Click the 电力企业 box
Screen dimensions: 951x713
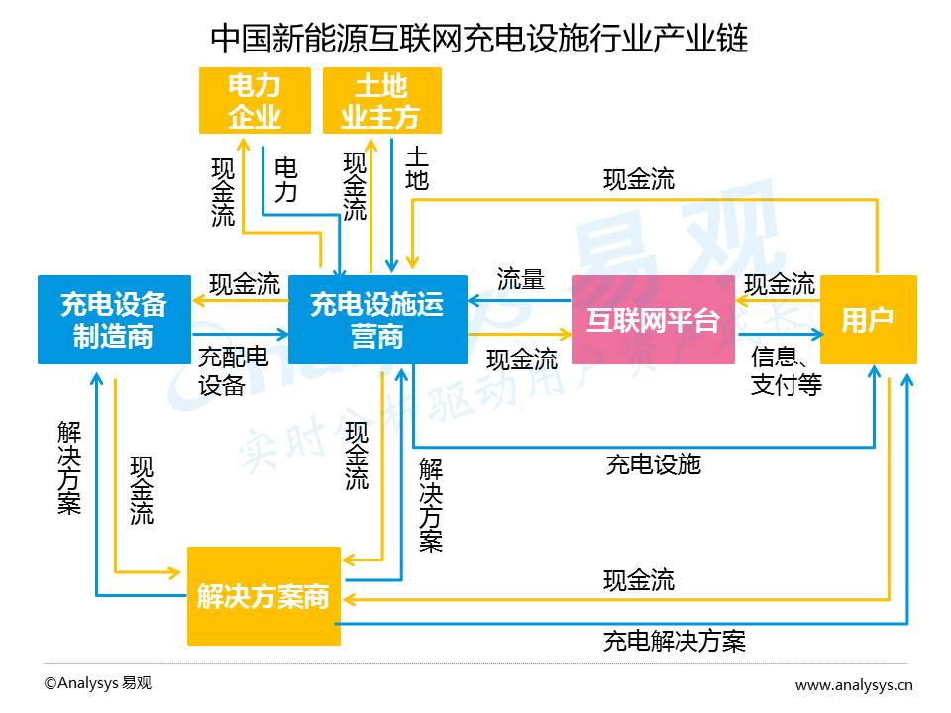(x=255, y=101)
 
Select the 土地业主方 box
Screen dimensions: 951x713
(x=382, y=101)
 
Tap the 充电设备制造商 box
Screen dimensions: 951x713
(x=114, y=320)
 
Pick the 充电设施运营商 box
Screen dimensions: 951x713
(x=377, y=320)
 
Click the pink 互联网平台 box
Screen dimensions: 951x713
(x=653, y=320)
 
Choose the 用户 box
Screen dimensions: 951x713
(x=869, y=320)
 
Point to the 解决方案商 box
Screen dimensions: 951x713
(x=264, y=596)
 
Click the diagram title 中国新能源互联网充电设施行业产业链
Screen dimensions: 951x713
(x=479, y=39)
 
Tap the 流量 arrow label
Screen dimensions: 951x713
(x=520, y=279)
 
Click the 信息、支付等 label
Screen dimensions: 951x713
(x=786, y=370)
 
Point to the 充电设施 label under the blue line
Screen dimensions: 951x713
(x=654, y=465)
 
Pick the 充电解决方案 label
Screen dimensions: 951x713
(x=675, y=641)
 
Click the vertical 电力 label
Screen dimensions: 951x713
(x=285, y=180)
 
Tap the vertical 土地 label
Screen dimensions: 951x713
(x=417, y=168)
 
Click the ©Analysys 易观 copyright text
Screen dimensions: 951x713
(x=98, y=683)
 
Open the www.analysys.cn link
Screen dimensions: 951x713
(x=854, y=685)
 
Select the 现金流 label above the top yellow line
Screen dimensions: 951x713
(x=639, y=179)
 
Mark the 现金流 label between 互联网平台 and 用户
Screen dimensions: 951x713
(x=780, y=284)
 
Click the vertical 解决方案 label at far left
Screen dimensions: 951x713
(x=69, y=467)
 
